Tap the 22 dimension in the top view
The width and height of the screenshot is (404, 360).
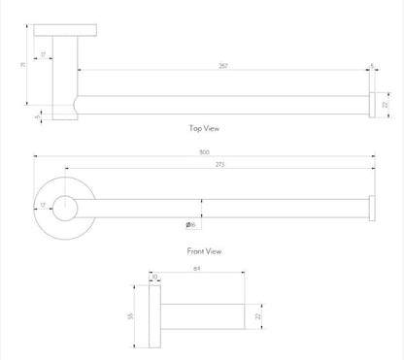click(x=386, y=104)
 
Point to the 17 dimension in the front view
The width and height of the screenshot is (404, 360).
click(x=43, y=205)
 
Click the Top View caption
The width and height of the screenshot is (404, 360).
click(x=206, y=127)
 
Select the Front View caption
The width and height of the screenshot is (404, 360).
click(x=205, y=250)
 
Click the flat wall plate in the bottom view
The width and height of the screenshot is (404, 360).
click(x=156, y=316)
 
